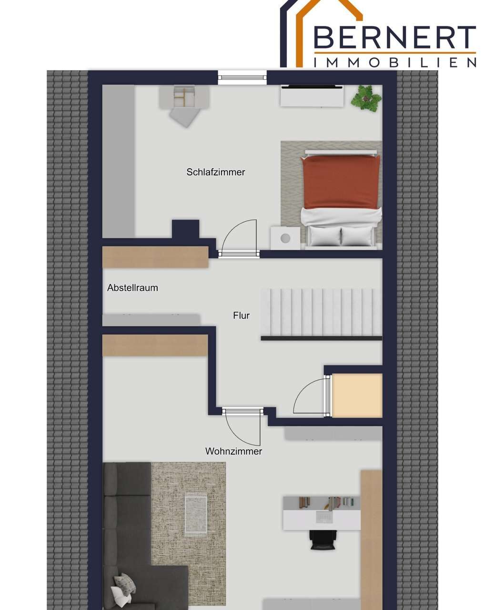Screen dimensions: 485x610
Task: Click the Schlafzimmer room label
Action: pyautogui.click(x=215, y=172)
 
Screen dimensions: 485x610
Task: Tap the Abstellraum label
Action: pyautogui.click(x=132, y=288)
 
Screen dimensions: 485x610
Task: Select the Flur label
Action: pyautogui.click(x=241, y=315)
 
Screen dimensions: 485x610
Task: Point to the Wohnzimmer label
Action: pyautogui.click(x=233, y=451)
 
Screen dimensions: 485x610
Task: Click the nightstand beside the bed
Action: pyautogui.click(x=285, y=238)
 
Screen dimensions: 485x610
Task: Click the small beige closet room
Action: pyautogui.click(x=357, y=395)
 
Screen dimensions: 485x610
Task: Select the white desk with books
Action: pyautogui.click(x=322, y=513)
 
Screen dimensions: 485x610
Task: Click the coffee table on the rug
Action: pyautogui.click(x=196, y=515)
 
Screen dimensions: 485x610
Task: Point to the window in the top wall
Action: pyautogui.click(x=242, y=77)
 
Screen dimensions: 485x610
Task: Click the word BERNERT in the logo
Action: pyautogui.click(x=394, y=37)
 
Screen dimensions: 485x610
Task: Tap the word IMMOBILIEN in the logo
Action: pyautogui.click(x=394, y=62)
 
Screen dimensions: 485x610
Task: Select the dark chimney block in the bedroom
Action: pyautogui.click(x=186, y=229)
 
